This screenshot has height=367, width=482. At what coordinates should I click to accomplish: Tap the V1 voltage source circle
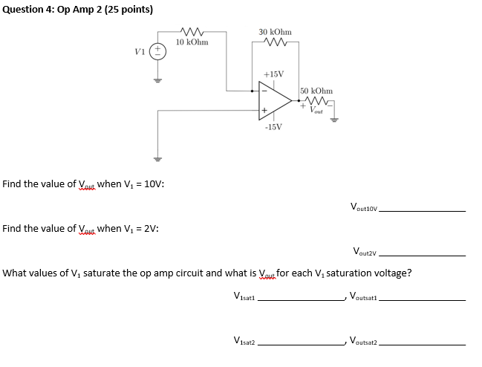(157, 51)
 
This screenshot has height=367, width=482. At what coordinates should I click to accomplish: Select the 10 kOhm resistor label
(192, 42)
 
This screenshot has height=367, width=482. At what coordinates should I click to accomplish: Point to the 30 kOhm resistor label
(275, 32)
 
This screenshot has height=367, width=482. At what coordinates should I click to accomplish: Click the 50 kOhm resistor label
(316, 90)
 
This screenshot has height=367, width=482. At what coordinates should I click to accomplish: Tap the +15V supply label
(274, 74)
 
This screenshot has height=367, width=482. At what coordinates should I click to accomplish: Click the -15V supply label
(273, 126)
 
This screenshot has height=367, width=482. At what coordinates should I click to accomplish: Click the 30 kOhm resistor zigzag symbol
(275, 42)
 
